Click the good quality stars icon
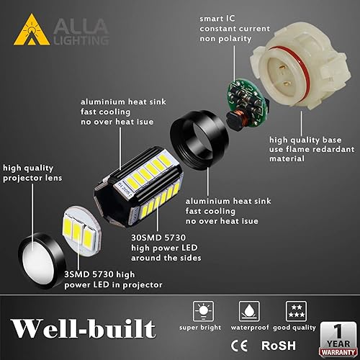[294, 310]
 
